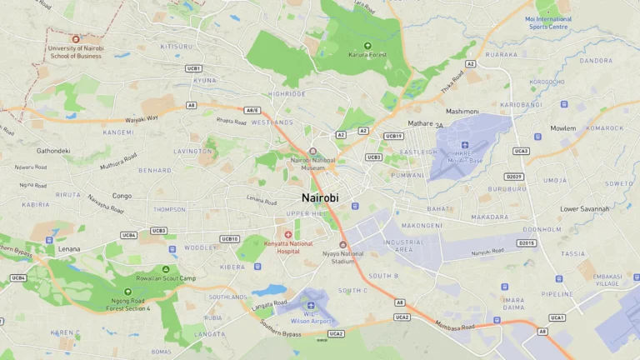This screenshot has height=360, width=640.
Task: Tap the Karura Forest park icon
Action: (x=367, y=46)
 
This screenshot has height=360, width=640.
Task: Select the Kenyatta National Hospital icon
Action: (x=288, y=235)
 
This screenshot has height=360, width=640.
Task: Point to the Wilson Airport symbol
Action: (x=311, y=305)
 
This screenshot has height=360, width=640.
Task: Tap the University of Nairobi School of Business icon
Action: (x=76, y=39)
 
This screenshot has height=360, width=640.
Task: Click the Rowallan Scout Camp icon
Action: (x=166, y=269)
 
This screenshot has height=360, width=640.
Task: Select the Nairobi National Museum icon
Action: (x=312, y=152)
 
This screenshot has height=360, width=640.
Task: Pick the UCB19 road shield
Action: (x=393, y=136)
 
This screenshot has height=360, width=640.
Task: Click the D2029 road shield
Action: (x=514, y=177)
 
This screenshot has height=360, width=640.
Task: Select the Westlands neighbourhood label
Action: (x=272, y=122)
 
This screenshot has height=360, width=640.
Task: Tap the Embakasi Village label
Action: (x=607, y=280)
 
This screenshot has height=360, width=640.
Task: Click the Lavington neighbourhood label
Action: (x=193, y=152)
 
